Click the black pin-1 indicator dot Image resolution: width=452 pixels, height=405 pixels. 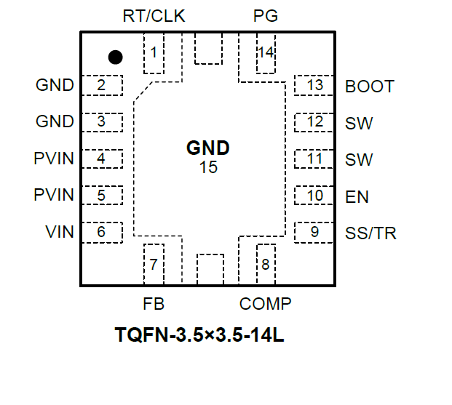click(115, 56)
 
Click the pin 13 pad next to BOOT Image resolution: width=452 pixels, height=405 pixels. click(314, 85)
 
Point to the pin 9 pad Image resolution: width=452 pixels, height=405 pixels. click(314, 232)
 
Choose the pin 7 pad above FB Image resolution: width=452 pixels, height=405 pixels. click(154, 263)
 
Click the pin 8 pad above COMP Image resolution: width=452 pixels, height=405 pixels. click(265, 263)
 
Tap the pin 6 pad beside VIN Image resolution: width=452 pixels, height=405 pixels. click(101, 232)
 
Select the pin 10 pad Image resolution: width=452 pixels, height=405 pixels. click(314, 196)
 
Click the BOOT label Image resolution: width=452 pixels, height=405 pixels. click(370, 87)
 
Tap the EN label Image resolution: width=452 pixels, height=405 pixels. click(357, 196)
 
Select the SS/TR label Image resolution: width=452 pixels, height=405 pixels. click(371, 233)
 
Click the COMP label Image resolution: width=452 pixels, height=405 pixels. click(266, 303)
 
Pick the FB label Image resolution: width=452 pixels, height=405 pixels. click(154, 303)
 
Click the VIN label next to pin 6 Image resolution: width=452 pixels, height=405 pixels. click(60, 232)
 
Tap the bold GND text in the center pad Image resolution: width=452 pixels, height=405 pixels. click(208, 149)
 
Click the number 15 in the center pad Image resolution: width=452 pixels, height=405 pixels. click(208, 167)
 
